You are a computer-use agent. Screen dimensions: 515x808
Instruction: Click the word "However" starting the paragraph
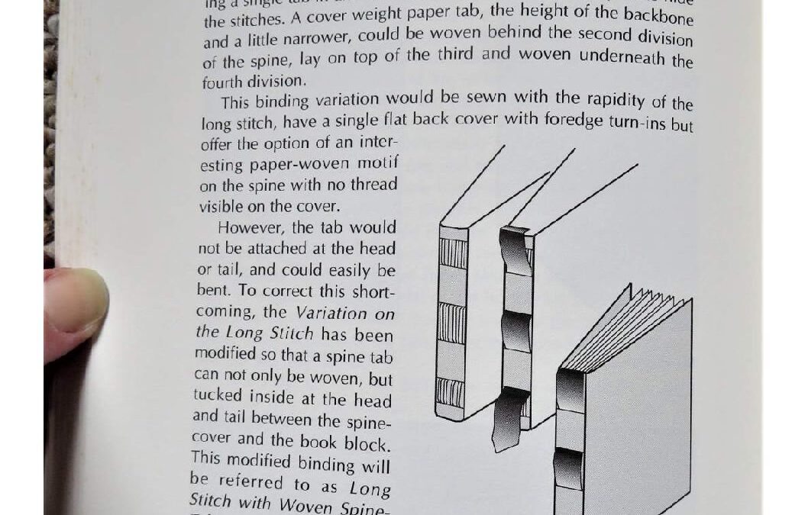248,227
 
